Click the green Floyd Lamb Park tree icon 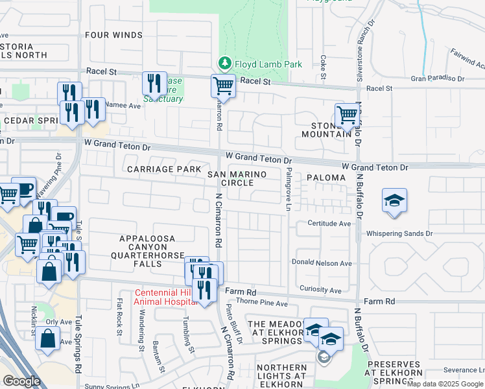(224, 64)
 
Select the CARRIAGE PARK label (160, 169)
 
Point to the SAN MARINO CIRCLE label (230, 179)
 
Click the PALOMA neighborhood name (324, 176)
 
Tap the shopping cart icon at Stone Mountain (348, 115)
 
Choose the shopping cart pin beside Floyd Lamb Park (222, 84)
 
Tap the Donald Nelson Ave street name (322, 263)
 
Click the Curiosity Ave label (320, 289)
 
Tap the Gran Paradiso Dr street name (438, 78)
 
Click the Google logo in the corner (21, 381)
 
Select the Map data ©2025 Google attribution (445, 384)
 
